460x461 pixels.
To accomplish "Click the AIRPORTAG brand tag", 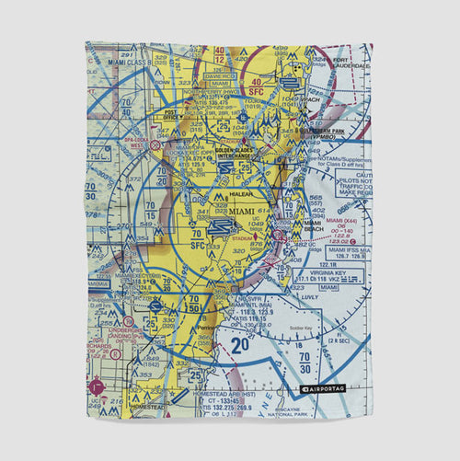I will point(322,389).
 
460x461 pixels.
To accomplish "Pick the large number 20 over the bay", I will point(240,345).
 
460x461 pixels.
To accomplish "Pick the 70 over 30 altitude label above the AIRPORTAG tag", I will point(305,361).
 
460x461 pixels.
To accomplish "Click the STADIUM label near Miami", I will point(243,236).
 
